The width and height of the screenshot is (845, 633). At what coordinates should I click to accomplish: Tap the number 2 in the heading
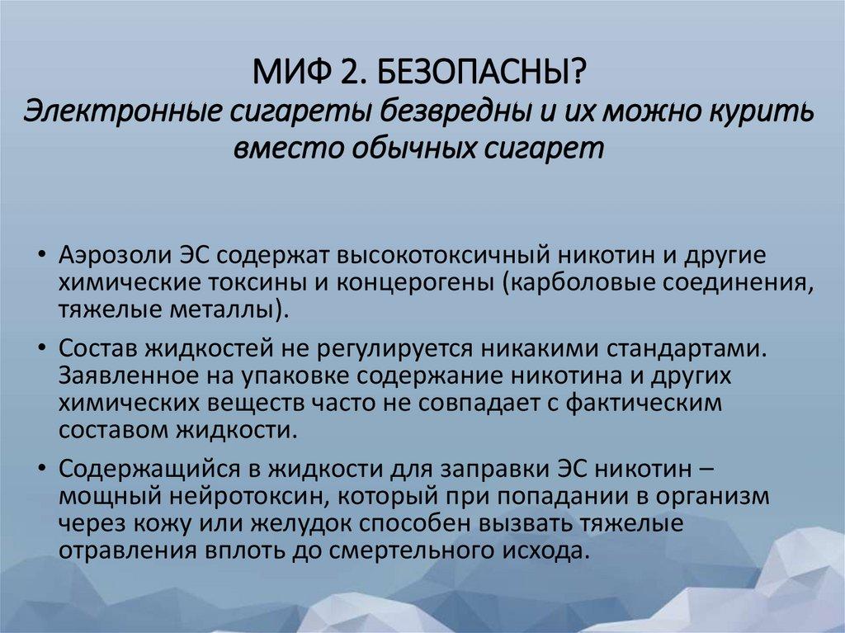pyautogui.click(x=345, y=77)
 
